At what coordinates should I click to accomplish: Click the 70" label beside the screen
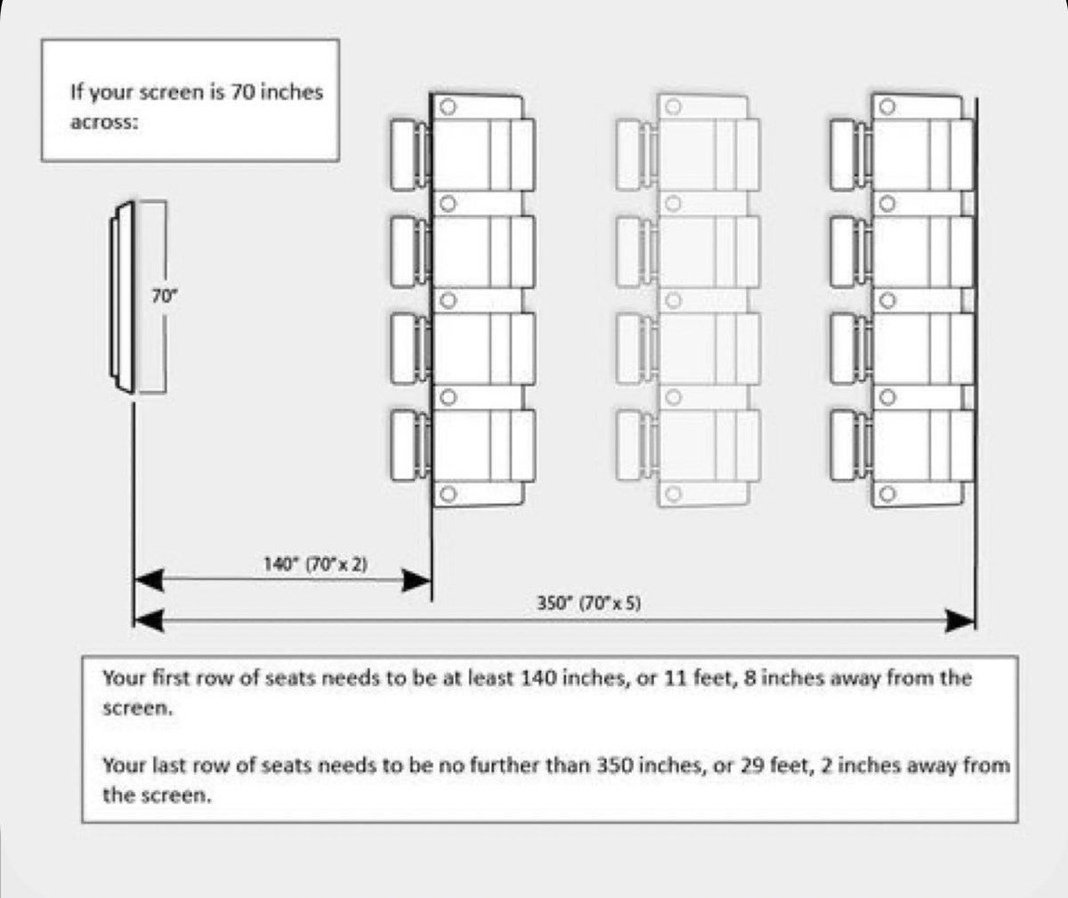click(x=164, y=298)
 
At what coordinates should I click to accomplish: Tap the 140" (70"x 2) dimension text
click(x=316, y=563)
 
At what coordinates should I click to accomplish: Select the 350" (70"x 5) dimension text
click(x=589, y=603)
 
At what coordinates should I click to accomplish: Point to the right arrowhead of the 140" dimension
click(x=416, y=580)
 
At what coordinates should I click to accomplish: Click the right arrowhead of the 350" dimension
click(x=960, y=620)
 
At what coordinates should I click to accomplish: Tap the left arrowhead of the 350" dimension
click(x=149, y=620)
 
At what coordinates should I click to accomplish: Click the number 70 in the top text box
click(x=244, y=91)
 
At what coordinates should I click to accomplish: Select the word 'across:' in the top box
click(x=104, y=123)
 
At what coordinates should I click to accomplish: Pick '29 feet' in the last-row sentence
click(x=760, y=765)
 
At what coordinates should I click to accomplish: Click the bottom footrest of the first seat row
click(x=409, y=442)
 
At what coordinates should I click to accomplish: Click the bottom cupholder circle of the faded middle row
click(x=674, y=493)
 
